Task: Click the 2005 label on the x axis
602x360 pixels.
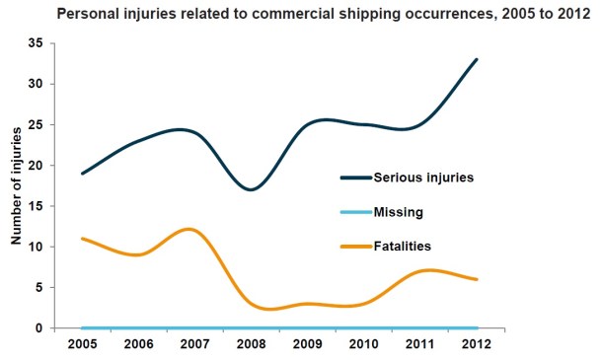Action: (x=82, y=345)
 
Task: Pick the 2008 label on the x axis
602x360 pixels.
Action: (x=252, y=345)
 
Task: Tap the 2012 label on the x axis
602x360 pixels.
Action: (x=478, y=345)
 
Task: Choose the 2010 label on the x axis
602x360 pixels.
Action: (x=365, y=345)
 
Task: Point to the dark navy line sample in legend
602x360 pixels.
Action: (x=354, y=178)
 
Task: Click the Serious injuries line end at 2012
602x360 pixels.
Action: (x=478, y=59)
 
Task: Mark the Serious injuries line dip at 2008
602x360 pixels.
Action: (x=253, y=189)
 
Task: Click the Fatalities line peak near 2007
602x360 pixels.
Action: (x=189, y=229)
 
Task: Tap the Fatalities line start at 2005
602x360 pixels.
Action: (x=82, y=239)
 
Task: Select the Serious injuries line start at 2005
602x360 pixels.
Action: (x=82, y=174)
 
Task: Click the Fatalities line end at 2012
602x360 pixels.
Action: (x=478, y=279)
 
